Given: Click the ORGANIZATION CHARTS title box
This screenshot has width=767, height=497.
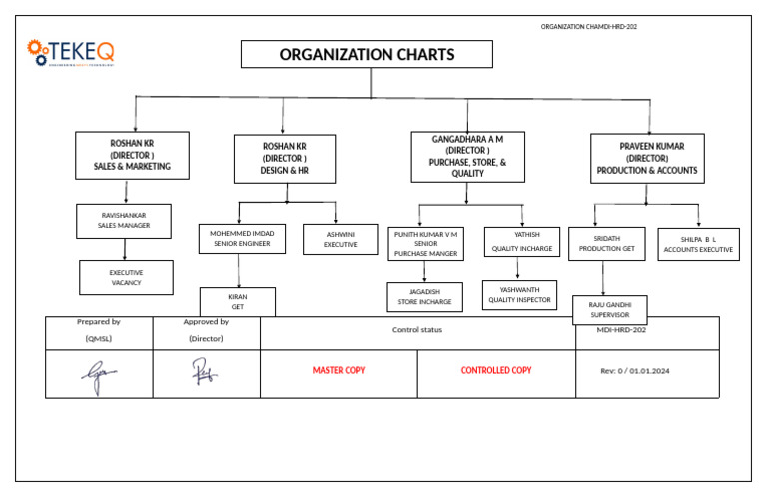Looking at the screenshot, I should click(x=367, y=54).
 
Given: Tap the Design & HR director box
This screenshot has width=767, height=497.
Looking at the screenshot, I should click(x=285, y=159).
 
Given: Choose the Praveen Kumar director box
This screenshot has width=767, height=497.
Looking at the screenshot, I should click(x=647, y=158).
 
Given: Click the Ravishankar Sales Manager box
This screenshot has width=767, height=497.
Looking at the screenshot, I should click(x=124, y=221).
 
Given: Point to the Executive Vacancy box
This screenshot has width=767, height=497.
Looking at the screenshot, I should click(x=126, y=277).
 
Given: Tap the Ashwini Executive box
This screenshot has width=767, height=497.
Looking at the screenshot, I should click(x=340, y=239).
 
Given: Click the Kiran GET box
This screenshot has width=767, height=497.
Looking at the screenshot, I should click(x=238, y=301).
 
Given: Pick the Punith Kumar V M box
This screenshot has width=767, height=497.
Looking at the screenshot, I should click(x=426, y=243).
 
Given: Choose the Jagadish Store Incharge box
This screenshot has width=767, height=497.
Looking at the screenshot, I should click(x=424, y=296).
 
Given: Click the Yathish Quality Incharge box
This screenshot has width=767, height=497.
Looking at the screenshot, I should click(x=522, y=242).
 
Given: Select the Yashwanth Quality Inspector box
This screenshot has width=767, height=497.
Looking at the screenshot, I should click(x=519, y=294).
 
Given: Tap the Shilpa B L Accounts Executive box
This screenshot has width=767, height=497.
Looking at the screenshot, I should click(x=698, y=244).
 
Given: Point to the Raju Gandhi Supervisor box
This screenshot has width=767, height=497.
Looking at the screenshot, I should click(x=609, y=309).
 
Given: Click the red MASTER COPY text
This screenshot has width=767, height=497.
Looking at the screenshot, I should click(x=339, y=370).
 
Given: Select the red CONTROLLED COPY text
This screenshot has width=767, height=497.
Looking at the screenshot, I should click(x=496, y=370).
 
